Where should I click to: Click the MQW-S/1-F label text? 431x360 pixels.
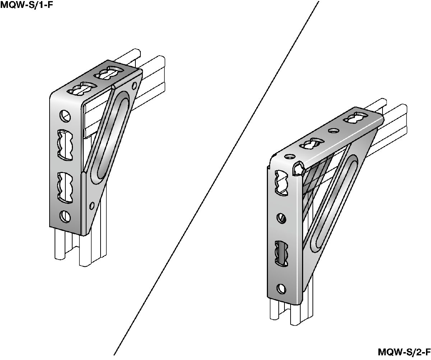[x=27, y=5]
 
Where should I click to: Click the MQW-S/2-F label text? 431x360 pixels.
[x=404, y=352]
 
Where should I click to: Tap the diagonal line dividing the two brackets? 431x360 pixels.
[x=216, y=178]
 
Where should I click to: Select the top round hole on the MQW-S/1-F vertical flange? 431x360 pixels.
[x=65, y=116]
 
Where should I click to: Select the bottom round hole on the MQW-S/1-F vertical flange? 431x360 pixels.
[x=65, y=217]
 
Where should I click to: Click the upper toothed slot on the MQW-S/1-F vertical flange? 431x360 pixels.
[x=65, y=145]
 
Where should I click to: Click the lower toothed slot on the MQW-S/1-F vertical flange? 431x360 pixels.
[x=65, y=187]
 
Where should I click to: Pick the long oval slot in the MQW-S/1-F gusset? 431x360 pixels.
[x=111, y=137]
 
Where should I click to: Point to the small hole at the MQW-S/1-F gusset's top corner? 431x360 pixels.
[x=134, y=85]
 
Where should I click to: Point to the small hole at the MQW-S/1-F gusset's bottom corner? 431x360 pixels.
[x=92, y=206]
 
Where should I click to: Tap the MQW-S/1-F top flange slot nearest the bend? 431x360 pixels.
[x=82, y=89]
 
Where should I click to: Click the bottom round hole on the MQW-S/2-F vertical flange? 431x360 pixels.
[x=281, y=289]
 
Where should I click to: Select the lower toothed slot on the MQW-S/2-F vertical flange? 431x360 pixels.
[x=281, y=253]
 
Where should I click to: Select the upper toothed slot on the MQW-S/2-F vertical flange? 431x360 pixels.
[x=281, y=183]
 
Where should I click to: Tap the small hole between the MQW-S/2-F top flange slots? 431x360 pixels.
[x=333, y=130]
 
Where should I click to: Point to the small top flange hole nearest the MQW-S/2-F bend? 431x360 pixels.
[x=289, y=156]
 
